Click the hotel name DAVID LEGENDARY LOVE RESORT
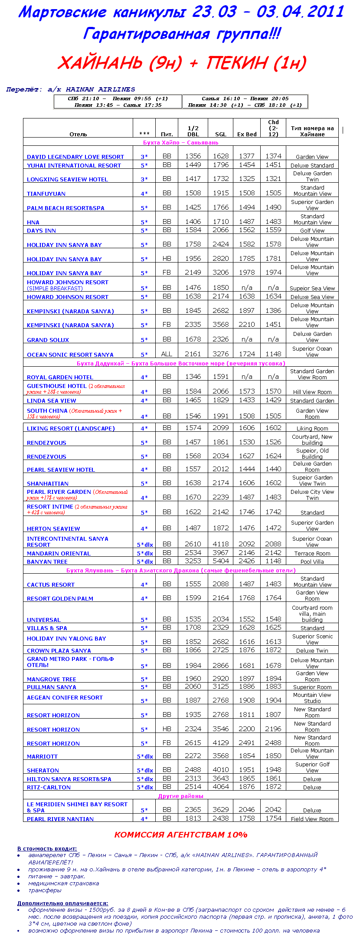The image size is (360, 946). [x=75, y=157]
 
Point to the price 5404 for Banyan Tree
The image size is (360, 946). [x=221, y=561]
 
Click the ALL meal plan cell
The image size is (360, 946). [x=167, y=354]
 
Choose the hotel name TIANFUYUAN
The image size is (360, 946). [x=46, y=194]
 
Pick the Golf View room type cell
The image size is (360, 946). [x=312, y=231]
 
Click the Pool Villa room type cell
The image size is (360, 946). [x=312, y=562]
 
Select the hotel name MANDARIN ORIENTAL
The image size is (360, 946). [x=59, y=554]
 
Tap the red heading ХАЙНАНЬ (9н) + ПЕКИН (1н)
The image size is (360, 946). [x=182, y=63]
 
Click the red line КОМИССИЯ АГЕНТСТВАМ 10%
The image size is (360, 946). [x=181, y=835]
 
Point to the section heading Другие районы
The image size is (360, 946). [x=180, y=796]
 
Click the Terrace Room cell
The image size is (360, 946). [x=312, y=554]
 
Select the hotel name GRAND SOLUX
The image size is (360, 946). [x=48, y=340]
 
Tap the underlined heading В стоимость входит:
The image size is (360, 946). [x=47, y=849]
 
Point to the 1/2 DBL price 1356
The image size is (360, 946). [x=193, y=156]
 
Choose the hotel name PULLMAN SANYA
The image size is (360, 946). [x=51, y=687]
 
